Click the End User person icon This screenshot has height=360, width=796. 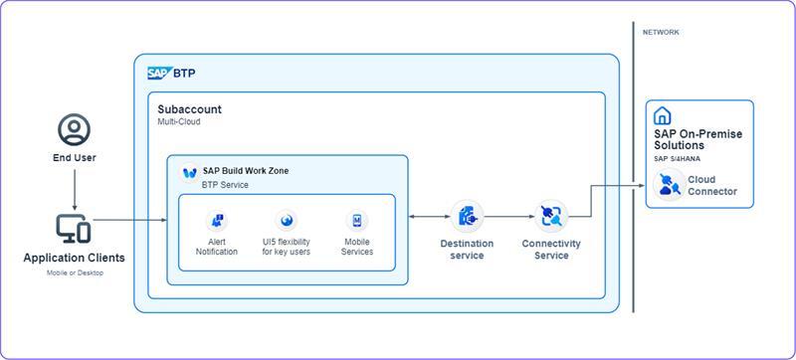pos(74,129)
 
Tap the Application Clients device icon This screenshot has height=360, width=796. pos(73,228)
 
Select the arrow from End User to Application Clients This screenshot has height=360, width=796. pos(74,190)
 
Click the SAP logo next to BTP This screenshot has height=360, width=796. pos(159,73)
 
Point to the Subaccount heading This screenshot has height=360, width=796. pos(189,109)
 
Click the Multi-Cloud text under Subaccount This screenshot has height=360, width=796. pos(179,121)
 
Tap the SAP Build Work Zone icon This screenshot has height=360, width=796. pos(190,173)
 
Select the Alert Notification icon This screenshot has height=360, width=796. pos(217,221)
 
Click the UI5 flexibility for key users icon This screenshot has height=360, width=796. pos(286,221)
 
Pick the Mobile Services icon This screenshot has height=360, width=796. pos(357,221)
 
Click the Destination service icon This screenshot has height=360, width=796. pos(467,217)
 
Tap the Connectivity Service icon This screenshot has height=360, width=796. pos(551,217)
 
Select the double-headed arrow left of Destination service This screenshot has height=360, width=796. pos(430,217)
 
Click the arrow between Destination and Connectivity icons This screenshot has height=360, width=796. pos(509,217)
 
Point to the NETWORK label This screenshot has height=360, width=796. pos(661,32)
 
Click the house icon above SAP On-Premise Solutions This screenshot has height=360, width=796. pos(662,116)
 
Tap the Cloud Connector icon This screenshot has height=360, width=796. pos(669,185)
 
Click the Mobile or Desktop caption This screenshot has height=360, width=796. pos(75,272)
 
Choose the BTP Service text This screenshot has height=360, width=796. pos(225,185)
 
